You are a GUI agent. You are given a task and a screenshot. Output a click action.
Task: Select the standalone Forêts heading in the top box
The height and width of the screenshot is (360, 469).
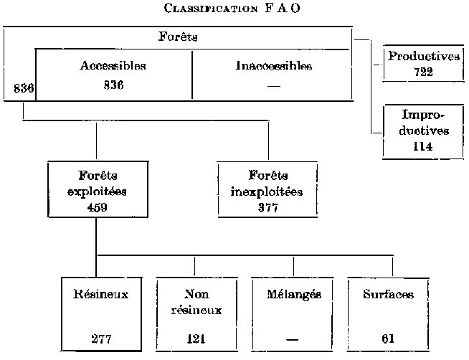[178, 37]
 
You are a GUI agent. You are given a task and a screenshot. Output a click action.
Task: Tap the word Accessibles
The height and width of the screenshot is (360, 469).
[113, 66]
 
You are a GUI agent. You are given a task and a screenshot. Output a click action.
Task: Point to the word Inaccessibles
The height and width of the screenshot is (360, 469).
[274, 66]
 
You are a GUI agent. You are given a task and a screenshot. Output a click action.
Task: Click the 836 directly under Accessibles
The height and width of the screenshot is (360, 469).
[113, 85]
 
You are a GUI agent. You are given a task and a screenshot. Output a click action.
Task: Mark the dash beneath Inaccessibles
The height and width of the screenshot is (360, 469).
[273, 85]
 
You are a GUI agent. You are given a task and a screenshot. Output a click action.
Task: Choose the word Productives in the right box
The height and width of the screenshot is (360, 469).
[423, 57]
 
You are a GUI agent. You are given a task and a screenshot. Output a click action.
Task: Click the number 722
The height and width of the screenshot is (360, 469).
[424, 72]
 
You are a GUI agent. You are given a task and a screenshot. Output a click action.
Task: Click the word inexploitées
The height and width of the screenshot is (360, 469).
[267, 191]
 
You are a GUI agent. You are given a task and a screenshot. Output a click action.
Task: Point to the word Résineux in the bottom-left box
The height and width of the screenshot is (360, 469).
[101, 294]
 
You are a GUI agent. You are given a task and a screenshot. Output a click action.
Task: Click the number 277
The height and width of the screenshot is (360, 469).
[101, 338]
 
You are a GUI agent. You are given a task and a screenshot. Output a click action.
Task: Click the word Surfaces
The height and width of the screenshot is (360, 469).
[388, 294]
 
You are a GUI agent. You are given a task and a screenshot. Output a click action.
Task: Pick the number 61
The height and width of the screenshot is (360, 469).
[388, 338]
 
